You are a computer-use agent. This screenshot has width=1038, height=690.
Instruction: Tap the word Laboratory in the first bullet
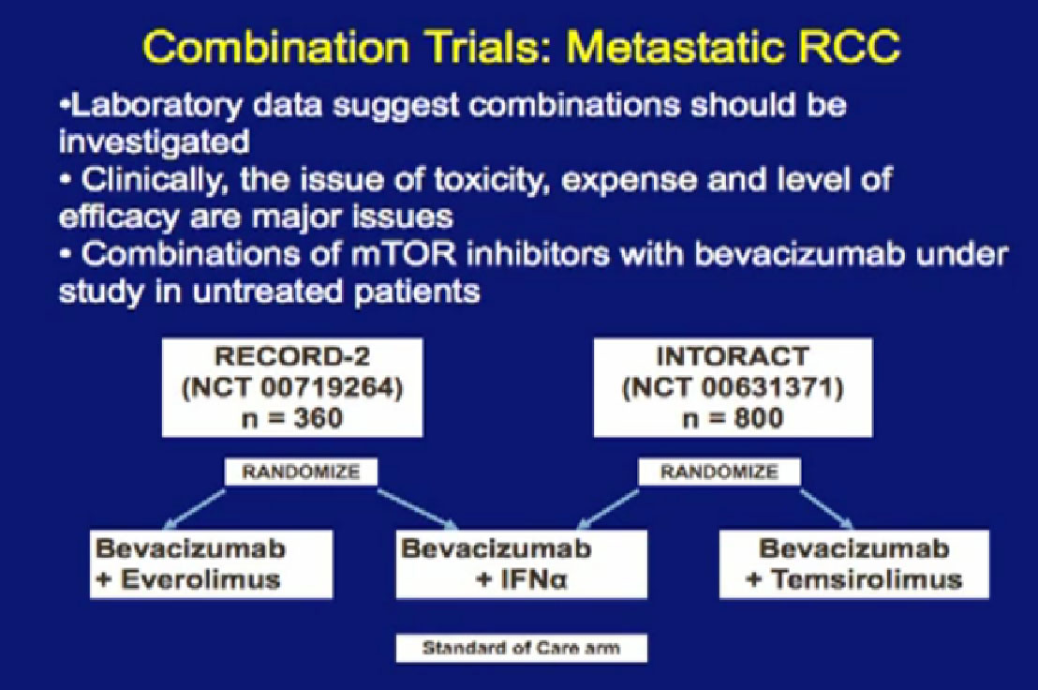[x=155, y=105]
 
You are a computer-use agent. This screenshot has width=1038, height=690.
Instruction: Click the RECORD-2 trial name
[x=291, y=356]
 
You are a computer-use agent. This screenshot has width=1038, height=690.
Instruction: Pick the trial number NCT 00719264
[x=292, y=387]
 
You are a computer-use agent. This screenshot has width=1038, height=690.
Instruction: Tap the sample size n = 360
[x=292, y=418]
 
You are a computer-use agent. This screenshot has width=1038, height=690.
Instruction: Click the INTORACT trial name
[x=733, y=356]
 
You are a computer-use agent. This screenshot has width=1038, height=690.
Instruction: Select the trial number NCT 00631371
[x=733, y=387]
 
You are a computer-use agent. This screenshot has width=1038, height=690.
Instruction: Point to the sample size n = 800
[x=733, y=418]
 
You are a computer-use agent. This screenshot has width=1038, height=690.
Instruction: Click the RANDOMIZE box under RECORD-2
[x=302, y=472]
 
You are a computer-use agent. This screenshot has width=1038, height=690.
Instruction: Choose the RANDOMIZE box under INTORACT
[x=719, y=472]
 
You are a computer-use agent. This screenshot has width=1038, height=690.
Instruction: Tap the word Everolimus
[x=200, y=579]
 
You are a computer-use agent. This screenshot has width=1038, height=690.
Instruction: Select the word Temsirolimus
[x=866, y=580]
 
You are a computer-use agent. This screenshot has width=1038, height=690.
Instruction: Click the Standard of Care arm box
[x=521, y=648]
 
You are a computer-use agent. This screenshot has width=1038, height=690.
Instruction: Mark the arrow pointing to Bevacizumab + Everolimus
[x=194, y=509]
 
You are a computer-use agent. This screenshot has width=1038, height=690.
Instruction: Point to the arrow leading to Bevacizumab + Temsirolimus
[x=826, y=509]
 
